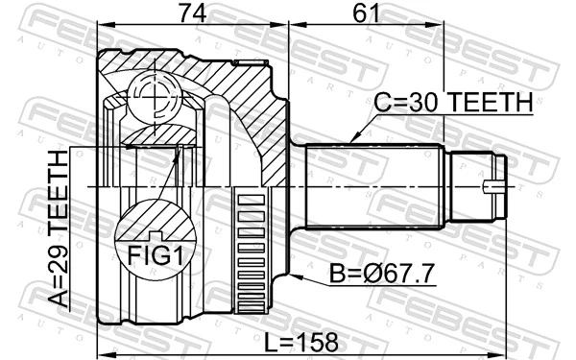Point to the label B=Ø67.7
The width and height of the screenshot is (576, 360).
381,275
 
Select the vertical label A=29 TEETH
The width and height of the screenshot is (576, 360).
59,229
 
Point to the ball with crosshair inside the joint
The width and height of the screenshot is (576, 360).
154,94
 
